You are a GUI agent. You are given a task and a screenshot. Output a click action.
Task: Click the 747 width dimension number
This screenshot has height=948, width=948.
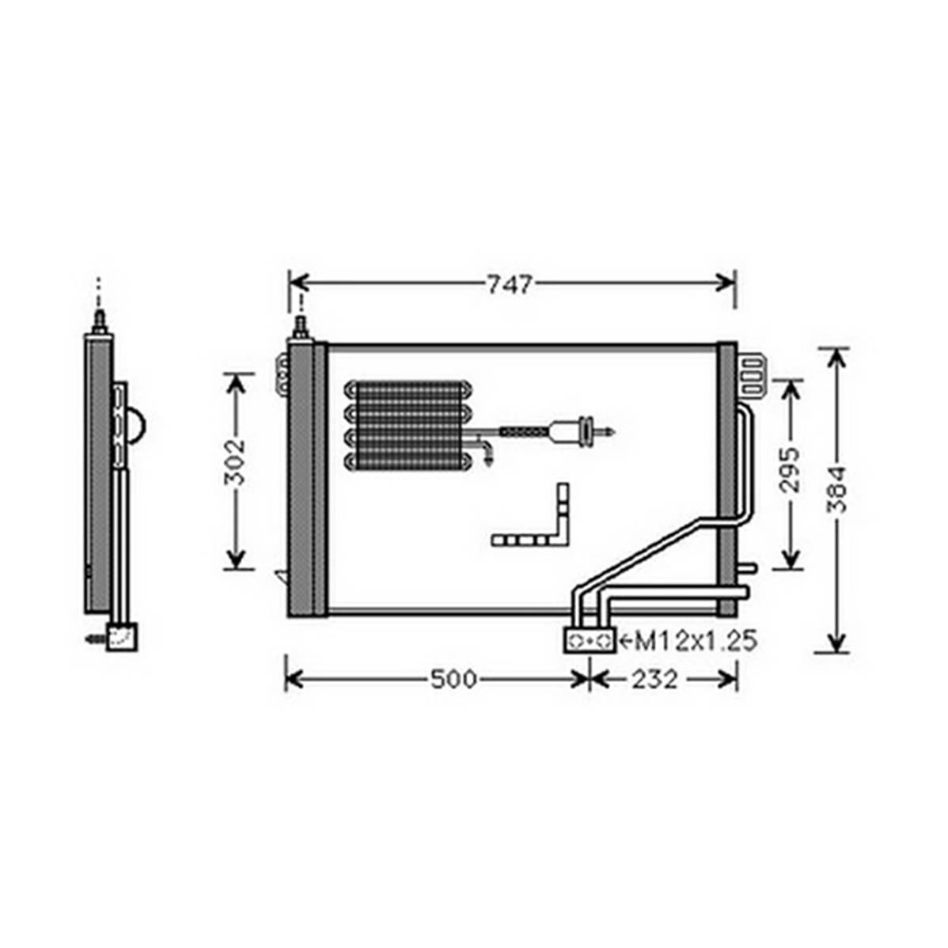tap(510, 284)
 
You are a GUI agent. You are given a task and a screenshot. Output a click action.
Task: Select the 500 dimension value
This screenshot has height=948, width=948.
tap(454, 680)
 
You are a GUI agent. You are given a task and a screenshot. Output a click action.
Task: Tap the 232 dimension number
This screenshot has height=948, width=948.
tap(654, 680)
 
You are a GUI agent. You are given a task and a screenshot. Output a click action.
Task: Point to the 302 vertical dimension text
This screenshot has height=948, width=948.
tap(234, 462)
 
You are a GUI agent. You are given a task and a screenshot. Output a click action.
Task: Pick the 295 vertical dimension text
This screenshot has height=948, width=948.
tap(790, 470)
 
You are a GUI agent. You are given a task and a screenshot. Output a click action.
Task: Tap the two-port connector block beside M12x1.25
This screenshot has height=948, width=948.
tap(590, 640)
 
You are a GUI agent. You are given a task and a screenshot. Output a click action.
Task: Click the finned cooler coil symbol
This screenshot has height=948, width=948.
tap(408, 426)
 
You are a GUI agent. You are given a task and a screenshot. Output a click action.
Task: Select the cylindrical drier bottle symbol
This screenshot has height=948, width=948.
tap(568, 432)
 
